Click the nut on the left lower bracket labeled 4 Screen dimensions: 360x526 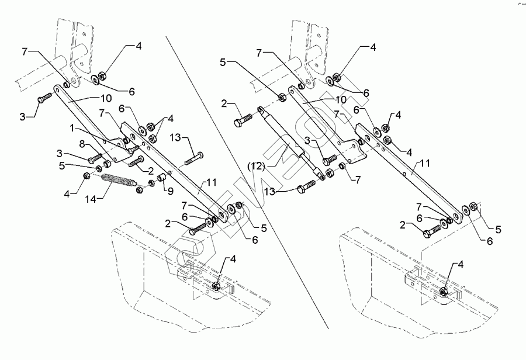[217, 286]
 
